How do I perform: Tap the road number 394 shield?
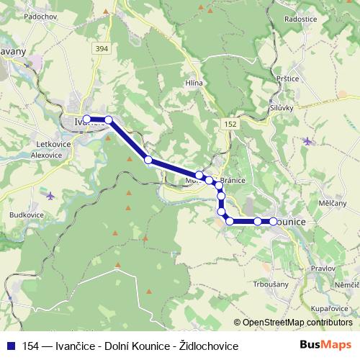click(x=101, y=48)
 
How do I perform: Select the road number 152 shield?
click(x=230, y=124)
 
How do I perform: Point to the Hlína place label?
click(x=194, y=83)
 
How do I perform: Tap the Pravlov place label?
click(x=323, y=268)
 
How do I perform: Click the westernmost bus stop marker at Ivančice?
click(x=86, y=119)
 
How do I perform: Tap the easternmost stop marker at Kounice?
click(x=274, y=221)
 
